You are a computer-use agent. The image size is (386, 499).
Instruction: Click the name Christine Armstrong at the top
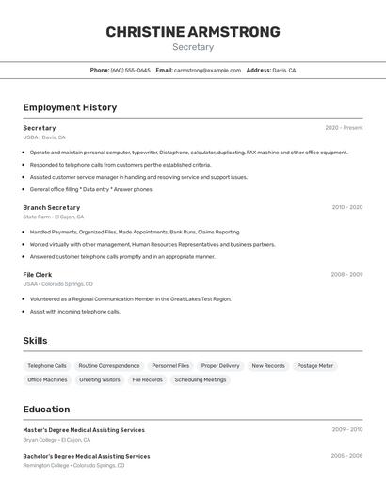(x=193, y=32)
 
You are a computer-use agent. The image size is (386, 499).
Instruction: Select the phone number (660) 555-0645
(x=130, y=70)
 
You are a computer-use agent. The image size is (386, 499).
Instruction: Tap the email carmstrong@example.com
(x=207, y=70)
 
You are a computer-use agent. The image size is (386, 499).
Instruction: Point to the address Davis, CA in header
(x=284, y=70)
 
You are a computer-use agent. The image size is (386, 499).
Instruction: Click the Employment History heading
(x=70, y=107)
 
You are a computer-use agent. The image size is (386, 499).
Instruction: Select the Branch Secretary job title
(x=51, y=207)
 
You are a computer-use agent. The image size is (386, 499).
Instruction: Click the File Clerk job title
(x=38, y=274)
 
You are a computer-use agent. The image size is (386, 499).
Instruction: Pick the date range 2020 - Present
(x=344, y=128)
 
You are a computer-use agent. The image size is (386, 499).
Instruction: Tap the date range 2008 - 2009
(x=346, y=274)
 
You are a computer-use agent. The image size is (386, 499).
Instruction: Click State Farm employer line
(x=53, y=217)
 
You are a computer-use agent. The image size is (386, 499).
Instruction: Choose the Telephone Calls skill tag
(x=47, y=365)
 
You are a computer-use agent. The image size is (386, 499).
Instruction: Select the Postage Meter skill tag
(x=314, y=365)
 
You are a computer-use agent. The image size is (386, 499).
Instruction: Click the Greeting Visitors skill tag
(x=100, y=379)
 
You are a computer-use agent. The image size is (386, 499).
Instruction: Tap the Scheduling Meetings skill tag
(x=201, y=379)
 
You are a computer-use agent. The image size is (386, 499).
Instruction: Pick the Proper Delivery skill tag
(x=220, y=365)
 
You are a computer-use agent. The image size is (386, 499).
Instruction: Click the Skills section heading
(x=35, y=341)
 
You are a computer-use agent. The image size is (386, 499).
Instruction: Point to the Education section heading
(x=46, y=410)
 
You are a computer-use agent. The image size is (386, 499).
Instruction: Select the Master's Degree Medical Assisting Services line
(x=84, y=430)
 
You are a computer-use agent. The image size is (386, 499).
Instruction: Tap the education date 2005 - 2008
(x=346, y=456)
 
